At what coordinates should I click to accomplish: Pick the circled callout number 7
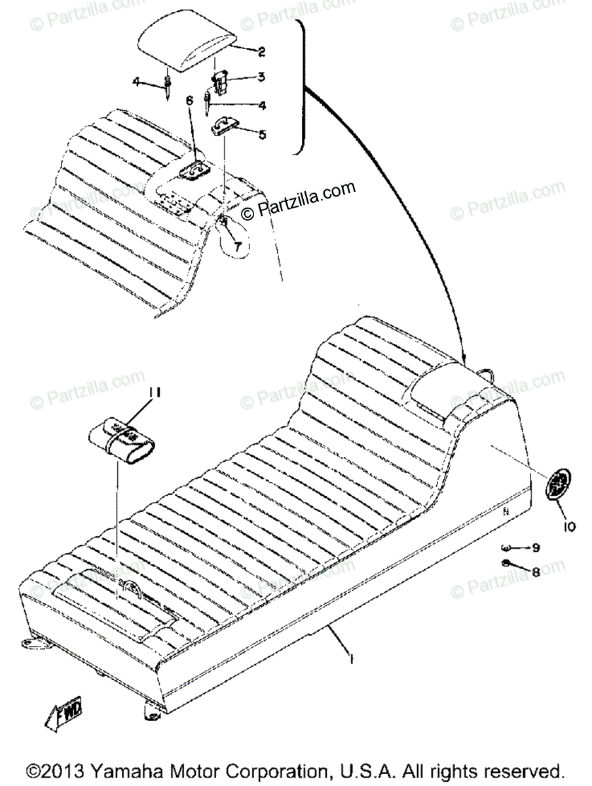[237, 246]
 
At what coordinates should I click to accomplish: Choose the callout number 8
[536, 572]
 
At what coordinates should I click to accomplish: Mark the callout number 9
[535, 547]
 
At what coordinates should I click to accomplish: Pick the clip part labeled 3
[220, 83]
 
